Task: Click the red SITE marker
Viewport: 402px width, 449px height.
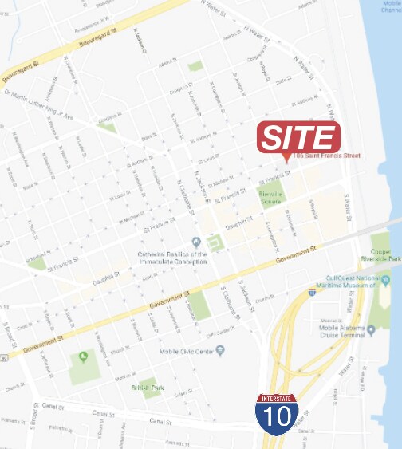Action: click(298, 137)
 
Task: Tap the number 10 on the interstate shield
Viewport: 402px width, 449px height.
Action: click(277, 417)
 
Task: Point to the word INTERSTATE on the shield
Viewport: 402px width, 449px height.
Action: click(277, 399)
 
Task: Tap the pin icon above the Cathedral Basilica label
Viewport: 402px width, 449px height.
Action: click(196, 242)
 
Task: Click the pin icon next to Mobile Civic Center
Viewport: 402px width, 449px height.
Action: click(220, 349)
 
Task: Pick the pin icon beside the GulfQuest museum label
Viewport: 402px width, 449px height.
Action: click(384, 281)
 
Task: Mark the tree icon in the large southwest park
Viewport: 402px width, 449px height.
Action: click(82, 357)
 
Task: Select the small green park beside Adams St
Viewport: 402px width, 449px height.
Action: click(195, 66)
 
